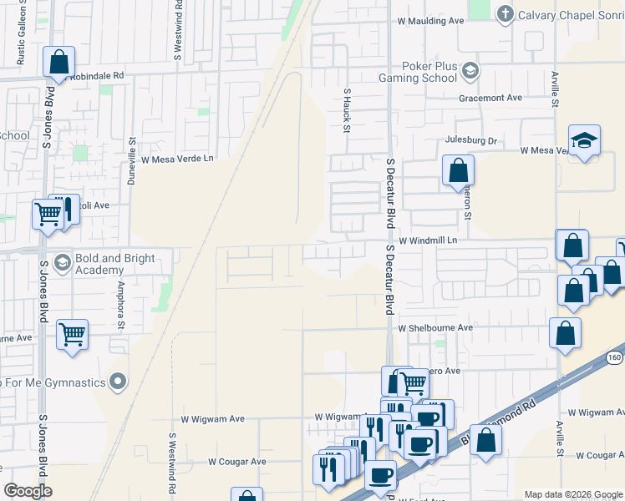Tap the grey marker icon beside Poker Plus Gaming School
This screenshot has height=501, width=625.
470,70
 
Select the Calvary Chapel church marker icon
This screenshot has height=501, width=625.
505,13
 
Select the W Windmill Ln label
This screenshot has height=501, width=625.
429,240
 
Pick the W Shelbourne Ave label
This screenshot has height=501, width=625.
435,328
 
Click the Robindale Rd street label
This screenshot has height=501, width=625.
96,74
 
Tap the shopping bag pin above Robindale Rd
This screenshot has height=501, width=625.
58,61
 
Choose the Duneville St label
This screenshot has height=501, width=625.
130,160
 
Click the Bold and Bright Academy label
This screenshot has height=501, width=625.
115,264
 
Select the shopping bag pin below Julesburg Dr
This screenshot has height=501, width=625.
457,170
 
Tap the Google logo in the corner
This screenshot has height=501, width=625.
28,491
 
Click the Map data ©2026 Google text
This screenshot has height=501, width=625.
572,494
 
